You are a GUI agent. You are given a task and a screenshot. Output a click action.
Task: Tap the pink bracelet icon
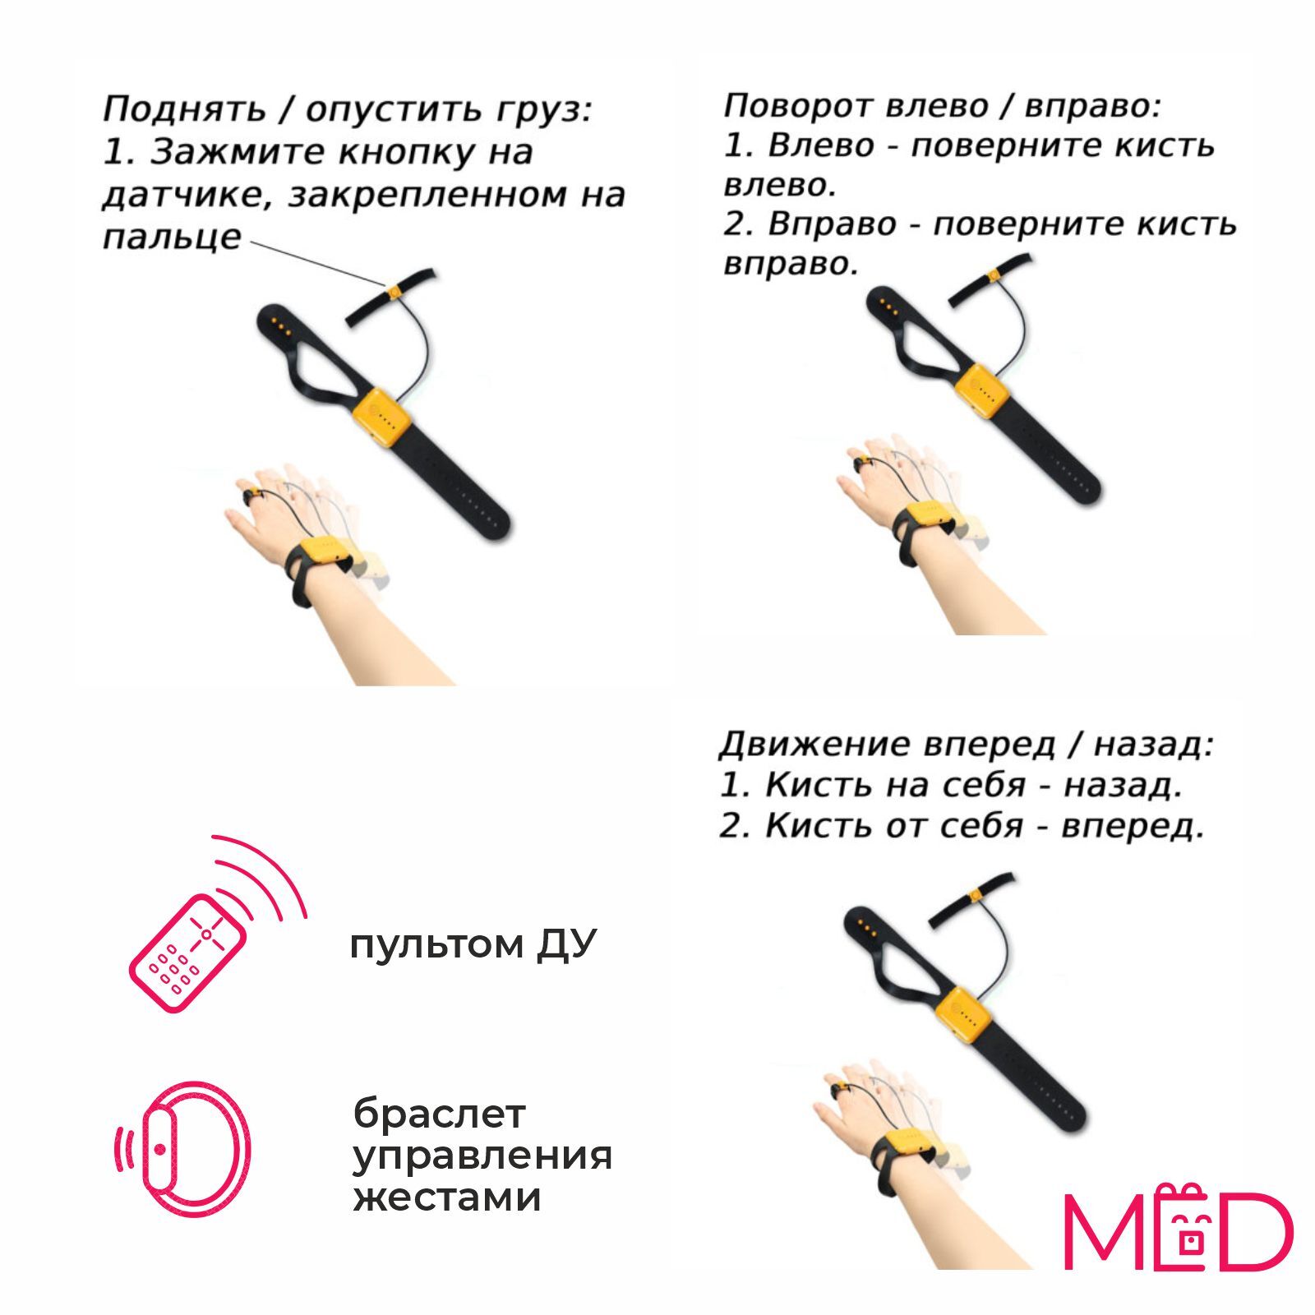coord(182,1148)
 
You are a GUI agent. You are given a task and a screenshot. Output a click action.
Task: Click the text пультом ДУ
coord(473,944)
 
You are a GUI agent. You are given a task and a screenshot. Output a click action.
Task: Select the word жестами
coord(447,1197)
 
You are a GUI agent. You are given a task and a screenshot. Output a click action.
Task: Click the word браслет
coord(439,1114)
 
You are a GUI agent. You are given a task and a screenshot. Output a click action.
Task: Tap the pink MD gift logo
coord(1179,1228)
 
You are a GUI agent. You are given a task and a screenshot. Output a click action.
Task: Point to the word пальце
coord(172,237)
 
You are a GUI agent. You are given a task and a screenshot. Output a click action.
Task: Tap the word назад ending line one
coord(1152,745)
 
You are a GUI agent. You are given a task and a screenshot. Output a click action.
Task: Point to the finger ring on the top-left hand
coord(247,497)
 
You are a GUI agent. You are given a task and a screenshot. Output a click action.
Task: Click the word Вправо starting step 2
coord(832,224)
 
